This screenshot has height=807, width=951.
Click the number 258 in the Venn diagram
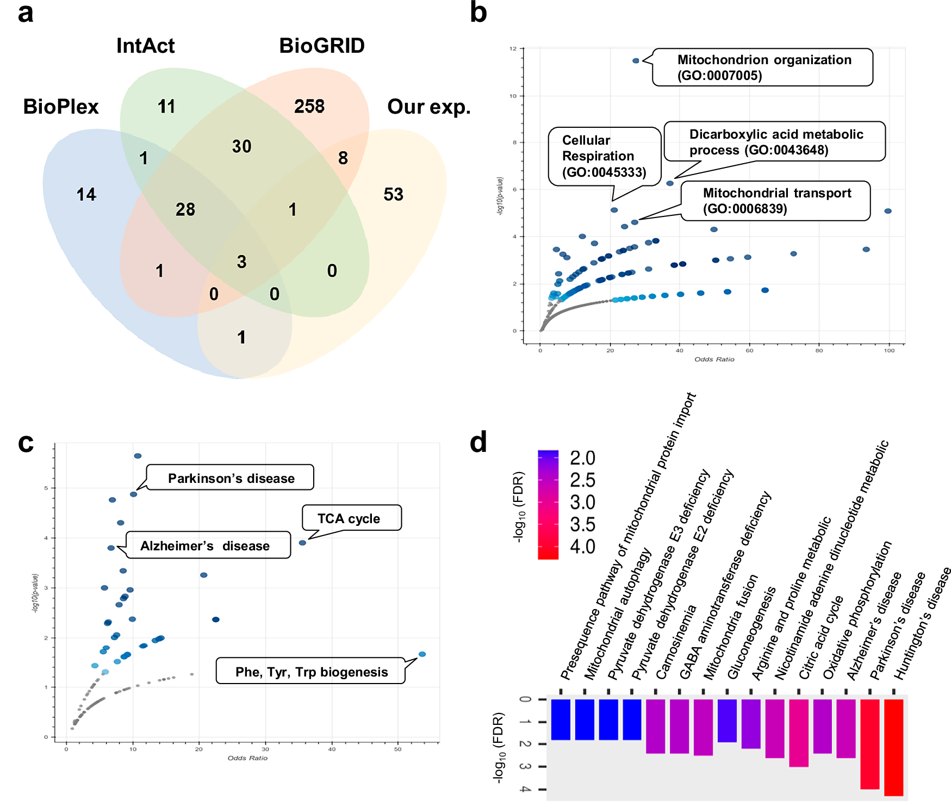point(309,106)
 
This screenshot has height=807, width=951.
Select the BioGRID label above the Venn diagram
point(321,46)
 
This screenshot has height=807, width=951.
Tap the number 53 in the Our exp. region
point(393,194)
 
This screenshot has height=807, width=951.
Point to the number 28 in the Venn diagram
point(185,209)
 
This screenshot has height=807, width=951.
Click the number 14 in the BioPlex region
point(86,194)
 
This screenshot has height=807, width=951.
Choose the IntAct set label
point(145,46)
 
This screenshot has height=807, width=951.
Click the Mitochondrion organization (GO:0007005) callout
point(762,67)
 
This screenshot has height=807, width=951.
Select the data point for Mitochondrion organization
point(636,60)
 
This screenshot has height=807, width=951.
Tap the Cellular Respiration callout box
point(604,156)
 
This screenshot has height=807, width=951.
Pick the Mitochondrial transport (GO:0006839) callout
point(775,201)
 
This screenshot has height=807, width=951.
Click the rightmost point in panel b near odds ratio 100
point(888,211)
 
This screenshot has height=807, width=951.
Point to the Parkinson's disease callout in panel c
point(231,478)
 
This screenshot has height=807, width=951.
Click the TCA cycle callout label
point(351,518)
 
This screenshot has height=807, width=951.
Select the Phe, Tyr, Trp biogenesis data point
point(422,654)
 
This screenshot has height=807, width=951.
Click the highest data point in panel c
point(138,456)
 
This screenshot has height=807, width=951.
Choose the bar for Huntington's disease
point(893,747)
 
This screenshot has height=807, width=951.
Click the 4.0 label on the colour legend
point(582,547)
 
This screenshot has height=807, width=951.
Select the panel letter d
point(478,443)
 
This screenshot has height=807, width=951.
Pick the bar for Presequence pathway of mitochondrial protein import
point(561,719)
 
